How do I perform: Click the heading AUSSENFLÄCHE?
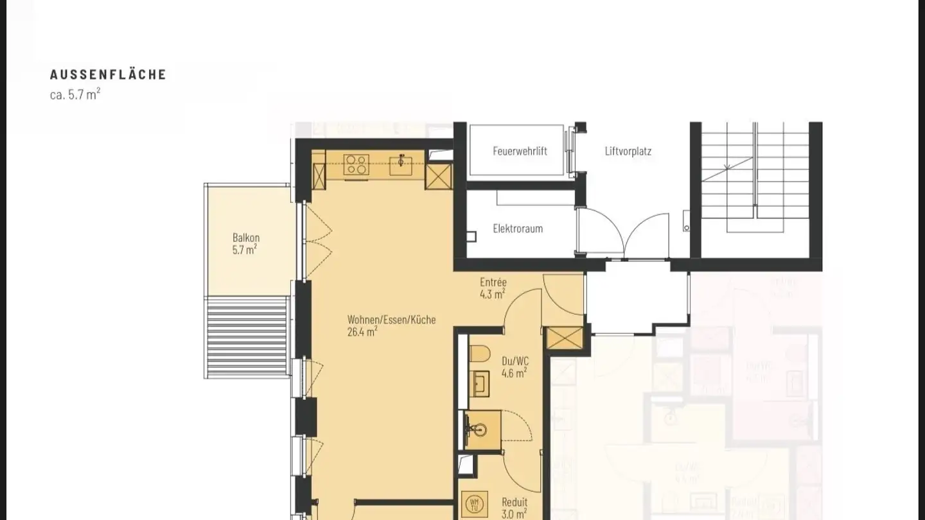point(108,74)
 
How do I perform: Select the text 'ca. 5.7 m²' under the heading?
point(75,95)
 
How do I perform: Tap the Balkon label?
point(246,238)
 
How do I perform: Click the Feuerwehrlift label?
point(520,152)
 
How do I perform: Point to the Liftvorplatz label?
point(628,152)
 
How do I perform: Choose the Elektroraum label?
point(518,229)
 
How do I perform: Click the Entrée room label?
point(493,282)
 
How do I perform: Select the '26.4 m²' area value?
point(362,332)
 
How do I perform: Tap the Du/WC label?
point(515,361)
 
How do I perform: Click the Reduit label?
point(515,503)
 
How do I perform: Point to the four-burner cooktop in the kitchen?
point(356,165)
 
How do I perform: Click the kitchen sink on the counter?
point(401,166)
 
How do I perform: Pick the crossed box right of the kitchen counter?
point(439,177)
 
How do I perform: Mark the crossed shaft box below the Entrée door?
point(563,339)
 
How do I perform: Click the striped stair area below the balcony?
point(246,336)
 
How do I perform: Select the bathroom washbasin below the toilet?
point(480,384)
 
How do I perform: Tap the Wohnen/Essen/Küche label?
point(391,320)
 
